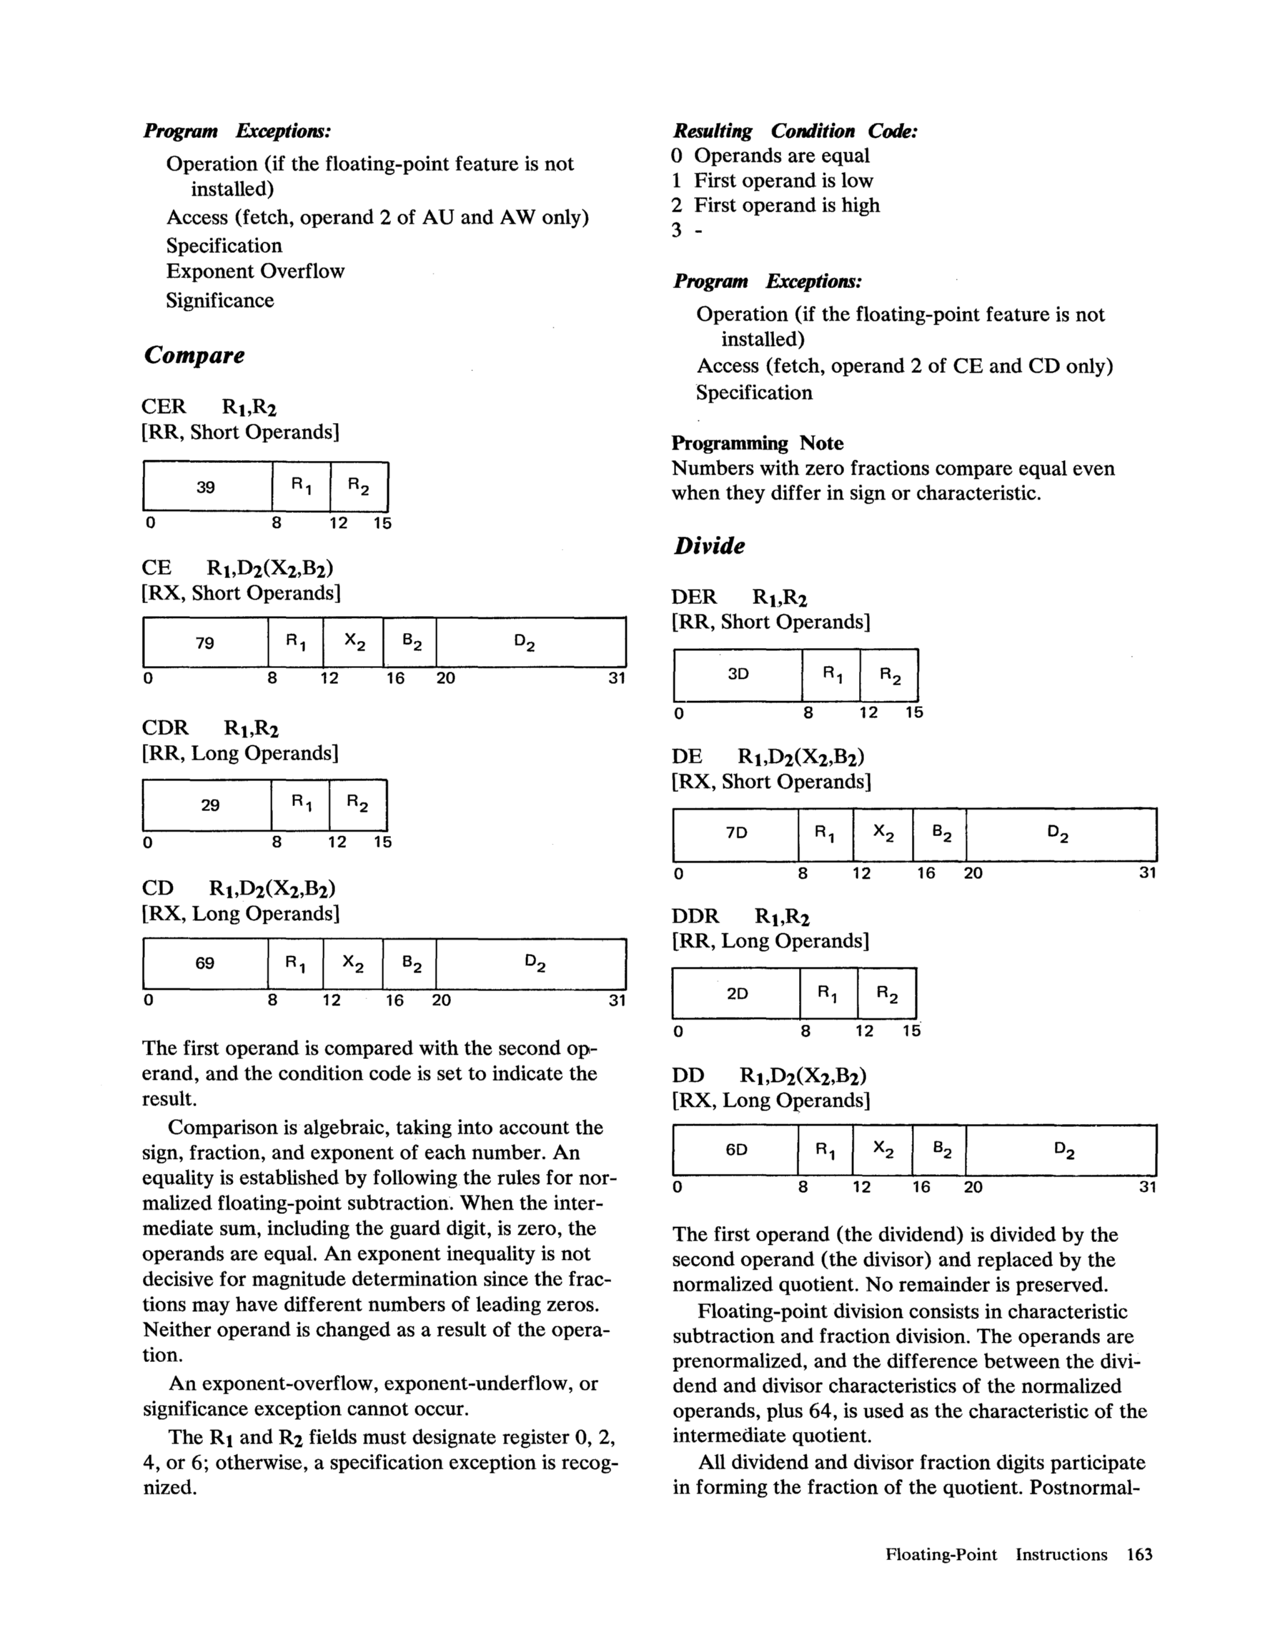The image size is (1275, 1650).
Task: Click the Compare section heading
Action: pos(194,355)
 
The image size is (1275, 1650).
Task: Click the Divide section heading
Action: pos(709,545)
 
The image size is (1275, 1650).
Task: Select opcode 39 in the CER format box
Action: pos(206,487)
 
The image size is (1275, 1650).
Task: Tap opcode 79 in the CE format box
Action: pos(205,643)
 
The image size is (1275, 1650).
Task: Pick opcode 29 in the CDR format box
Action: pos(210,805)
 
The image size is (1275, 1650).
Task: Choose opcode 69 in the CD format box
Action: pos(205,963)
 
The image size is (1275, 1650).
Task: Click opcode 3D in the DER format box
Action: pos(738,674)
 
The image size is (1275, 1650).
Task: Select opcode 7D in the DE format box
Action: pos(736,833)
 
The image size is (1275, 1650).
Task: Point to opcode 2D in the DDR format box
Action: pos(737,993)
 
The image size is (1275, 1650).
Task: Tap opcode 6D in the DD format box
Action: pos(736,1150)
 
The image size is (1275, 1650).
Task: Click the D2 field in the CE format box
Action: pos(525,643)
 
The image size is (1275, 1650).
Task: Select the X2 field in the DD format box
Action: pos(883,1150)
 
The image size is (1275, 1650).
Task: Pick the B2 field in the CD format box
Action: pos(411,963)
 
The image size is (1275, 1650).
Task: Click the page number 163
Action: pos(1139,1554)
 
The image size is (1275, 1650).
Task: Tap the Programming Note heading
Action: pos(758,443)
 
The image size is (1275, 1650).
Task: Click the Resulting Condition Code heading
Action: pos(795,131)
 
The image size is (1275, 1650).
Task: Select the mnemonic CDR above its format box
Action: pos(165,727)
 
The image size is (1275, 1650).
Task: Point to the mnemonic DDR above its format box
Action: pos(695,916)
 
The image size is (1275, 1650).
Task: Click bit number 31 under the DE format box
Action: pos(1147,873)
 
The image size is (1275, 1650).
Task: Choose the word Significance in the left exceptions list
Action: pos(220,301)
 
